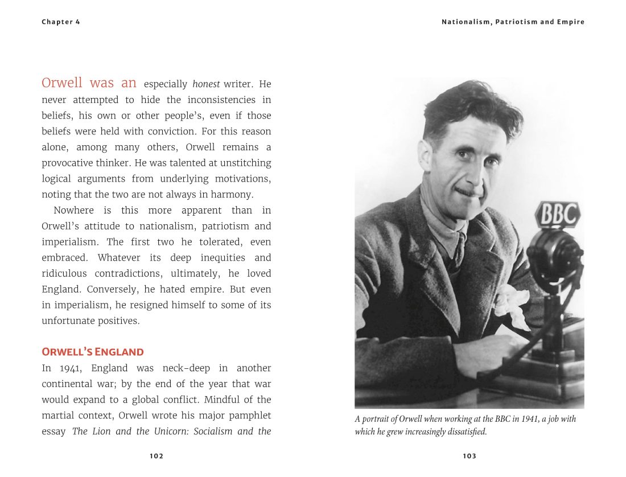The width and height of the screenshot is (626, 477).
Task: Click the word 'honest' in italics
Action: click(206, 84)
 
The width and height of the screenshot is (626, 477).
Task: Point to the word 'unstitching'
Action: click(245, 163)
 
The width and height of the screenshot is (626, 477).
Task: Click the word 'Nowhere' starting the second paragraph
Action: click(73, 211)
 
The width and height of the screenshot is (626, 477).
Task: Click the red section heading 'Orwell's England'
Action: click(93, 352)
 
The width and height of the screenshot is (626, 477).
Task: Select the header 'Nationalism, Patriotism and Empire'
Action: click(513, 22)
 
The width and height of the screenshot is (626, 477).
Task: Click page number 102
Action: click(156, 456)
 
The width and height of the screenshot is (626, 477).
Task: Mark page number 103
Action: click(469, 456)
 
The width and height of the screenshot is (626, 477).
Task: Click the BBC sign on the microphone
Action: click(557, 215)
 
